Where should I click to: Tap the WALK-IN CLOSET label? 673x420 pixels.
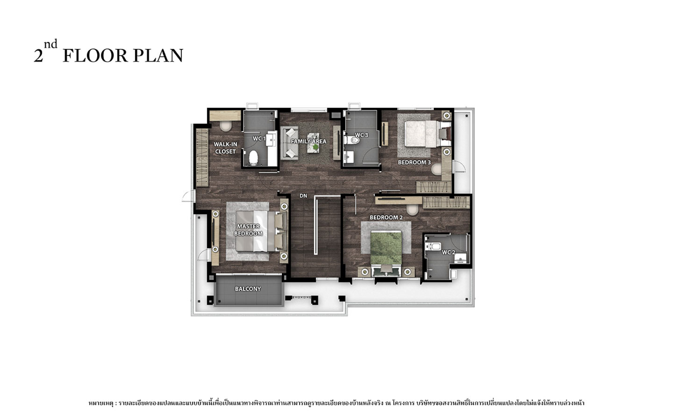click(x=225, y=148)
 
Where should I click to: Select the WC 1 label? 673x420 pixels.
click(x=259, y=139)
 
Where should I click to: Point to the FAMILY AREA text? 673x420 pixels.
click(x=309, y=141)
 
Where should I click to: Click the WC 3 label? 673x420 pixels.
click(x=361, y=135)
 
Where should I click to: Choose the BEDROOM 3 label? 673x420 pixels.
click(x=414, y=162)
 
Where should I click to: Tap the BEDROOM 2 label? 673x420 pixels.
click(x=386, y=217)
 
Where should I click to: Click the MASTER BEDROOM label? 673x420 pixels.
click(x=248, y=230)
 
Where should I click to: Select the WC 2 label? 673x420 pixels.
click(x=448, y=252)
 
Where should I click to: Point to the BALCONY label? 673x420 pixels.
click(x=248, y=289)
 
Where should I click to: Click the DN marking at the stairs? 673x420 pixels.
click(x=303, y=196)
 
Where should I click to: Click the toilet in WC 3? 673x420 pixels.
click(x=352, y=140)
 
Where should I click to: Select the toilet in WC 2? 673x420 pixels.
click(x=433, y=246)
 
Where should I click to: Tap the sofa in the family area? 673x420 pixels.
click(x=289, y=143)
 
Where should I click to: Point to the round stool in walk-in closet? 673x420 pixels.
click(x=225, y=126)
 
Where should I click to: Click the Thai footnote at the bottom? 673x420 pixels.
click(x=336, y=403)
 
